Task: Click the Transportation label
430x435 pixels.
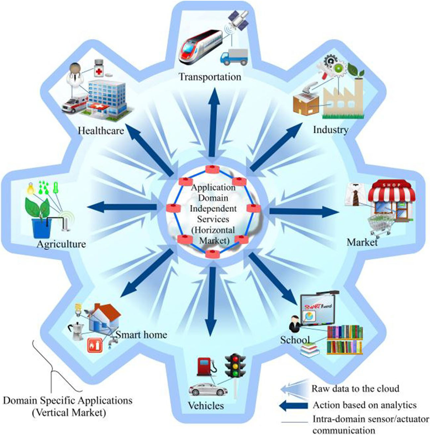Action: click(210, 77)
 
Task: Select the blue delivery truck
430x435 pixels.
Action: click(234, 57)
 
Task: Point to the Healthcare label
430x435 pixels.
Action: click(101, 131)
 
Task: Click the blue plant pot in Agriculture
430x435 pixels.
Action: click(41, 228)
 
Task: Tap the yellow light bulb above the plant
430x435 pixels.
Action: click(31, 188)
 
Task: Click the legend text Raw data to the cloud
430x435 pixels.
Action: click(355, 388)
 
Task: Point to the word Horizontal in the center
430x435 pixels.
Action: click(213, 230)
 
